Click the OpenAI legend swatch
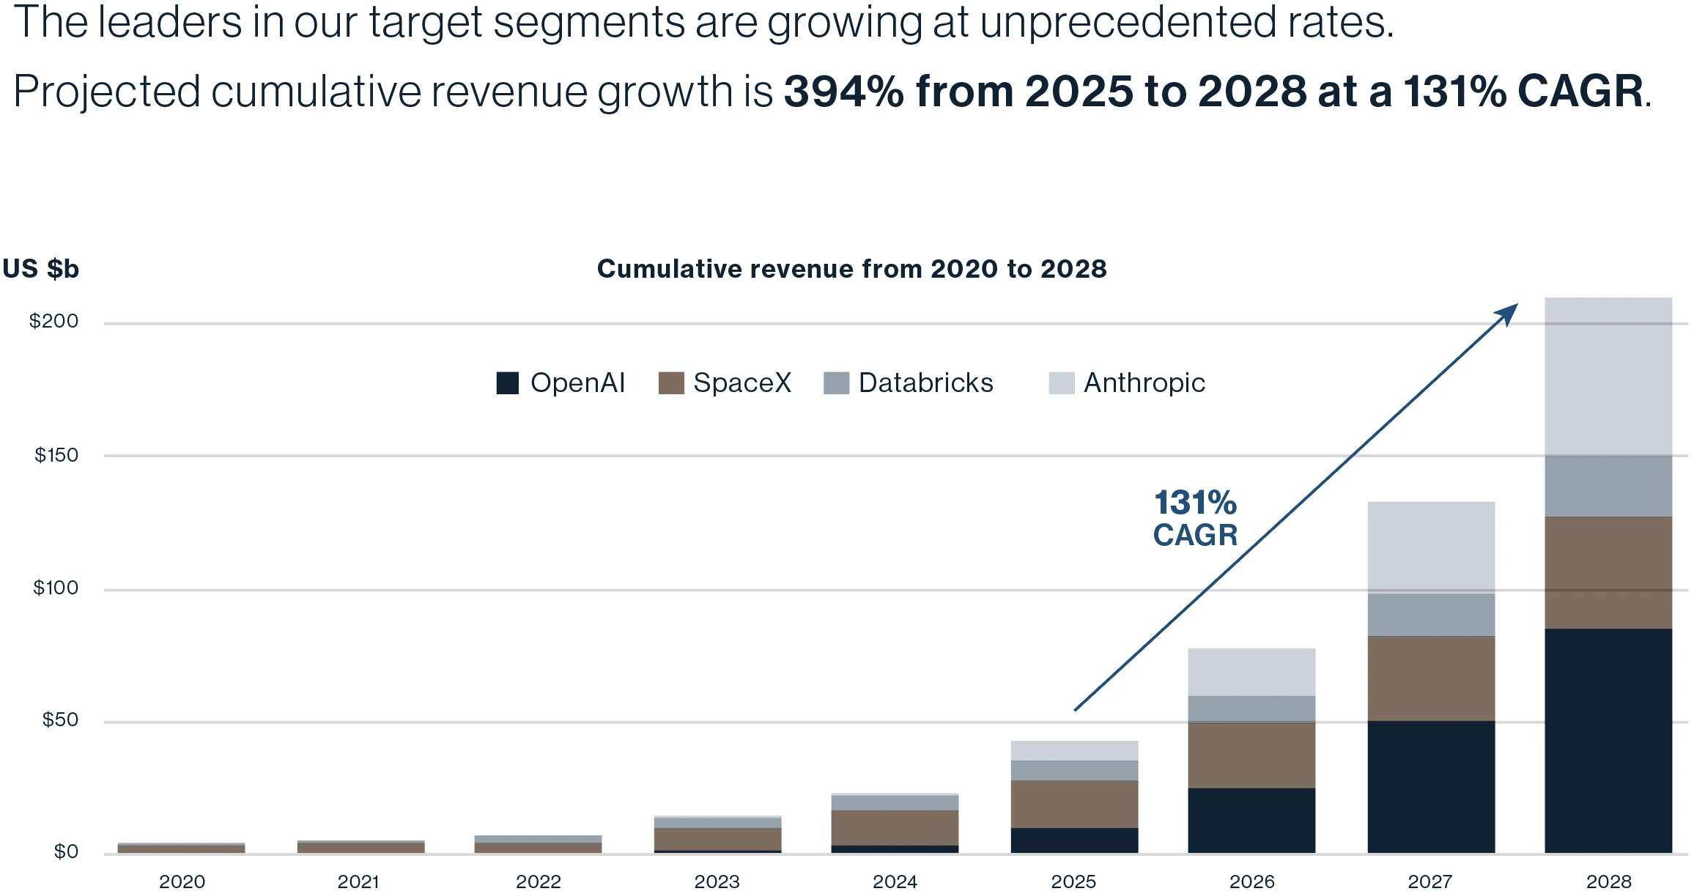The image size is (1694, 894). click(x=507, y=383)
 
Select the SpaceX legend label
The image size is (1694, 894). click(x=742, y=383)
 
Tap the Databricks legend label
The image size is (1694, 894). click(x=925, y=383)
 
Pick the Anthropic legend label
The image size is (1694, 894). click(x=1144, y=383)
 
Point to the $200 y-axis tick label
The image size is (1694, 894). click(x=53, y=321)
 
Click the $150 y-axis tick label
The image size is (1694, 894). click(x=56, y=455)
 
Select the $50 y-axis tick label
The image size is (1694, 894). click(x=59, y=720)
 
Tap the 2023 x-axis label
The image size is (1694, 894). click(x=717, y=882)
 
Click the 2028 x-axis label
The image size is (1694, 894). click(x=1608, y=882)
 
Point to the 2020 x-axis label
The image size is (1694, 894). click(x=182, y=882)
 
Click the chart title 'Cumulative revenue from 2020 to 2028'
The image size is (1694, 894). click(x=851, y=269)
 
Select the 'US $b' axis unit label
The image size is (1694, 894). click(x=41, y=269)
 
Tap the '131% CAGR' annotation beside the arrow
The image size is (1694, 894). click(x=1195, y=519)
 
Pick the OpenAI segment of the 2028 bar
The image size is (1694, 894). click(x=1608, y=740)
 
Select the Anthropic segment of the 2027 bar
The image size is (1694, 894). click(x=1431, y=547)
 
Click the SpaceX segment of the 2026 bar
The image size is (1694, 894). click(x=1251, y=756)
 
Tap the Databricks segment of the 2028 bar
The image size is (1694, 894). click(x=1608, y=487)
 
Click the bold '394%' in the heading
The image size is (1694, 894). click(x=843, y=92)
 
